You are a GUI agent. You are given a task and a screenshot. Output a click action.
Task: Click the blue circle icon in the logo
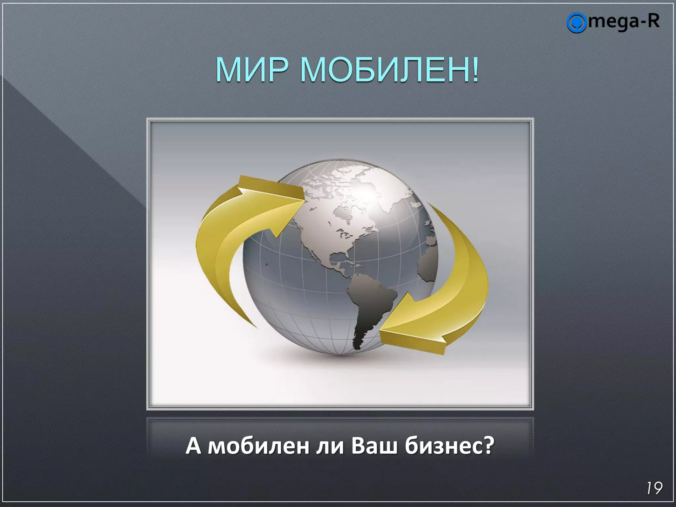tap(576, 22)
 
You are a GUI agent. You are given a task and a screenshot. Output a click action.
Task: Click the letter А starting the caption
tap(193, 446)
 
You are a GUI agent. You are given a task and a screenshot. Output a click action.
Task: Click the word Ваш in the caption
tap(374, 446)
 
